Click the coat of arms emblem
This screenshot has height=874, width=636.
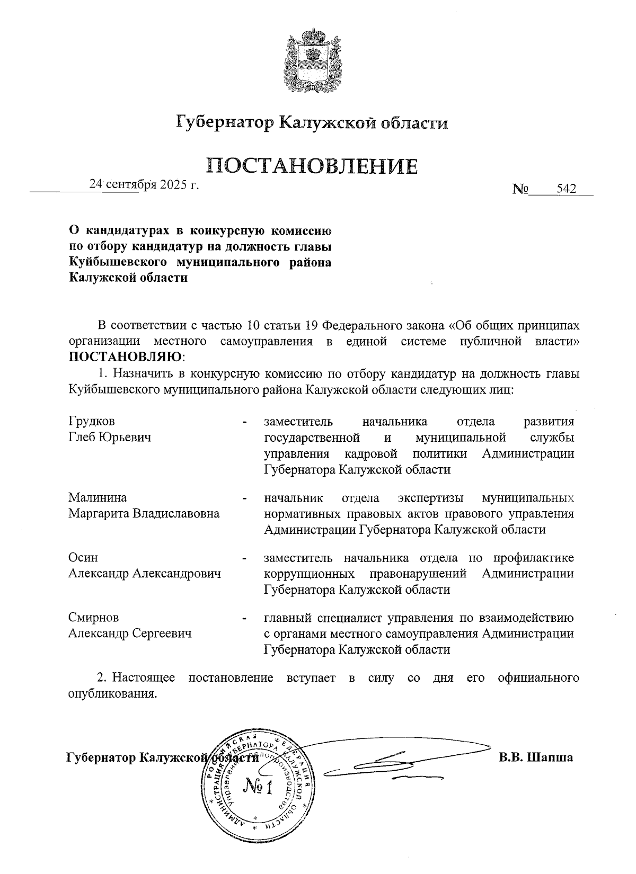pos(312,59)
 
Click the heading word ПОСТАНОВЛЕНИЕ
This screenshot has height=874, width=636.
pos(312,165)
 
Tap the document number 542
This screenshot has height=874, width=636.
pos(566,189)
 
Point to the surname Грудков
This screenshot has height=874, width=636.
pos(91,422)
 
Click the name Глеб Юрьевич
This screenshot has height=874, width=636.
pos(110,438)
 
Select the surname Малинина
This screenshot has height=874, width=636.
pos(98,497)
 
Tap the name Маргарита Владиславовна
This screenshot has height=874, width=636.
pos(144,513)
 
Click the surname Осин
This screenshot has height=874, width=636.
pos(83,558)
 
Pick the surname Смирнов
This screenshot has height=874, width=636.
pos(93,618)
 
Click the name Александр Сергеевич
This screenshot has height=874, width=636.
pos(130,634)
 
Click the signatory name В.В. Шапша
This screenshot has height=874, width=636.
pos(535,757)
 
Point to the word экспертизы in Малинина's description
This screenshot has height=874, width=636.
pos(430,497)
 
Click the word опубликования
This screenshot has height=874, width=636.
pos(113,694)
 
